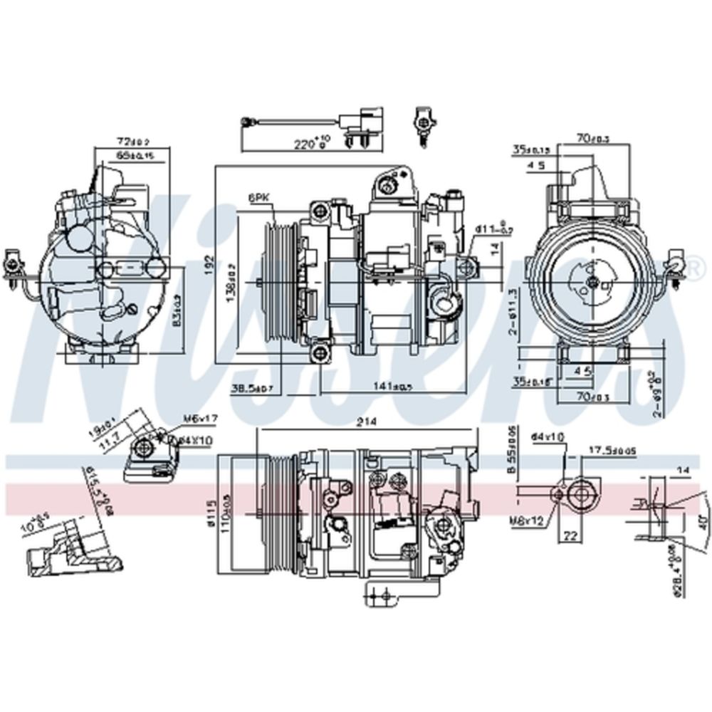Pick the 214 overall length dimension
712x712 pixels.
367,422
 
